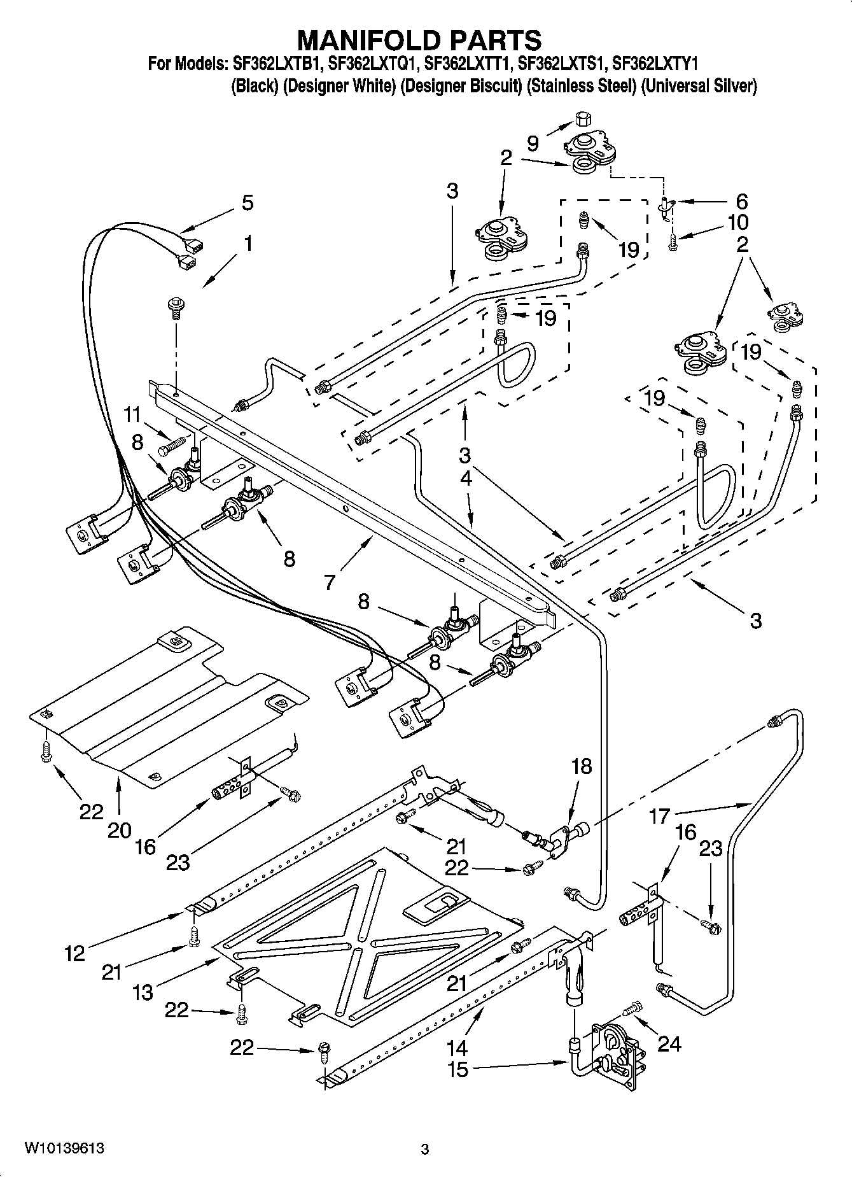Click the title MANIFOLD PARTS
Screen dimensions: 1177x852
(420, 39)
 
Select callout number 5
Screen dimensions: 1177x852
(248, 203)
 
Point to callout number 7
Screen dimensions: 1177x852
(329, 582)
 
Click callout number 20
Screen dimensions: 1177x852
(119, 829)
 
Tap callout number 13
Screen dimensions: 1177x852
(143, 992)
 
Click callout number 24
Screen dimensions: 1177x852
(669, 1043)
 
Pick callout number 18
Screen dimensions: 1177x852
(582, 766)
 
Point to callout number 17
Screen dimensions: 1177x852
(660, 814)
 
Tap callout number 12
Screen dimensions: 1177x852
(74, 953)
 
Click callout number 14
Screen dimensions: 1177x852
(457, 1047)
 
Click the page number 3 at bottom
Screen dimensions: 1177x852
(425, 1149)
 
